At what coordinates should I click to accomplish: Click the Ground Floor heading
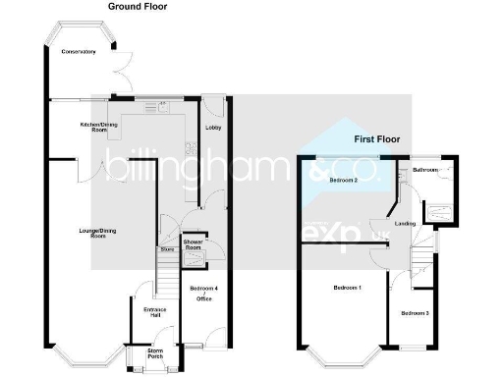click(x=137, y=6)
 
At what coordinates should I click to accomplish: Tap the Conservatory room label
click(x=78, y=51)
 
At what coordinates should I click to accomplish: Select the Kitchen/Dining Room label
click(x=100, y=128)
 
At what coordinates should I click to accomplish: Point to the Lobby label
click(x=212, y=128)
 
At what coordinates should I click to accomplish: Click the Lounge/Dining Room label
click(x=84, y=233)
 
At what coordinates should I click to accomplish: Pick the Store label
click(x=168, y=249)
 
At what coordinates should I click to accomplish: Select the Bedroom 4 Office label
click(x=201, y=292)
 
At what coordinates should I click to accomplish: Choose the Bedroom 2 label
click(x=342, y=181)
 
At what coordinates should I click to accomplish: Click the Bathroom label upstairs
click(x=425, y=170)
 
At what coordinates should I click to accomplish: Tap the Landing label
click(x=403, y=224)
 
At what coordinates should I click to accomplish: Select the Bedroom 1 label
click(x=346, y=288)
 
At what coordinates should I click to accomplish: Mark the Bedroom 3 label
click(x=415, y=312)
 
